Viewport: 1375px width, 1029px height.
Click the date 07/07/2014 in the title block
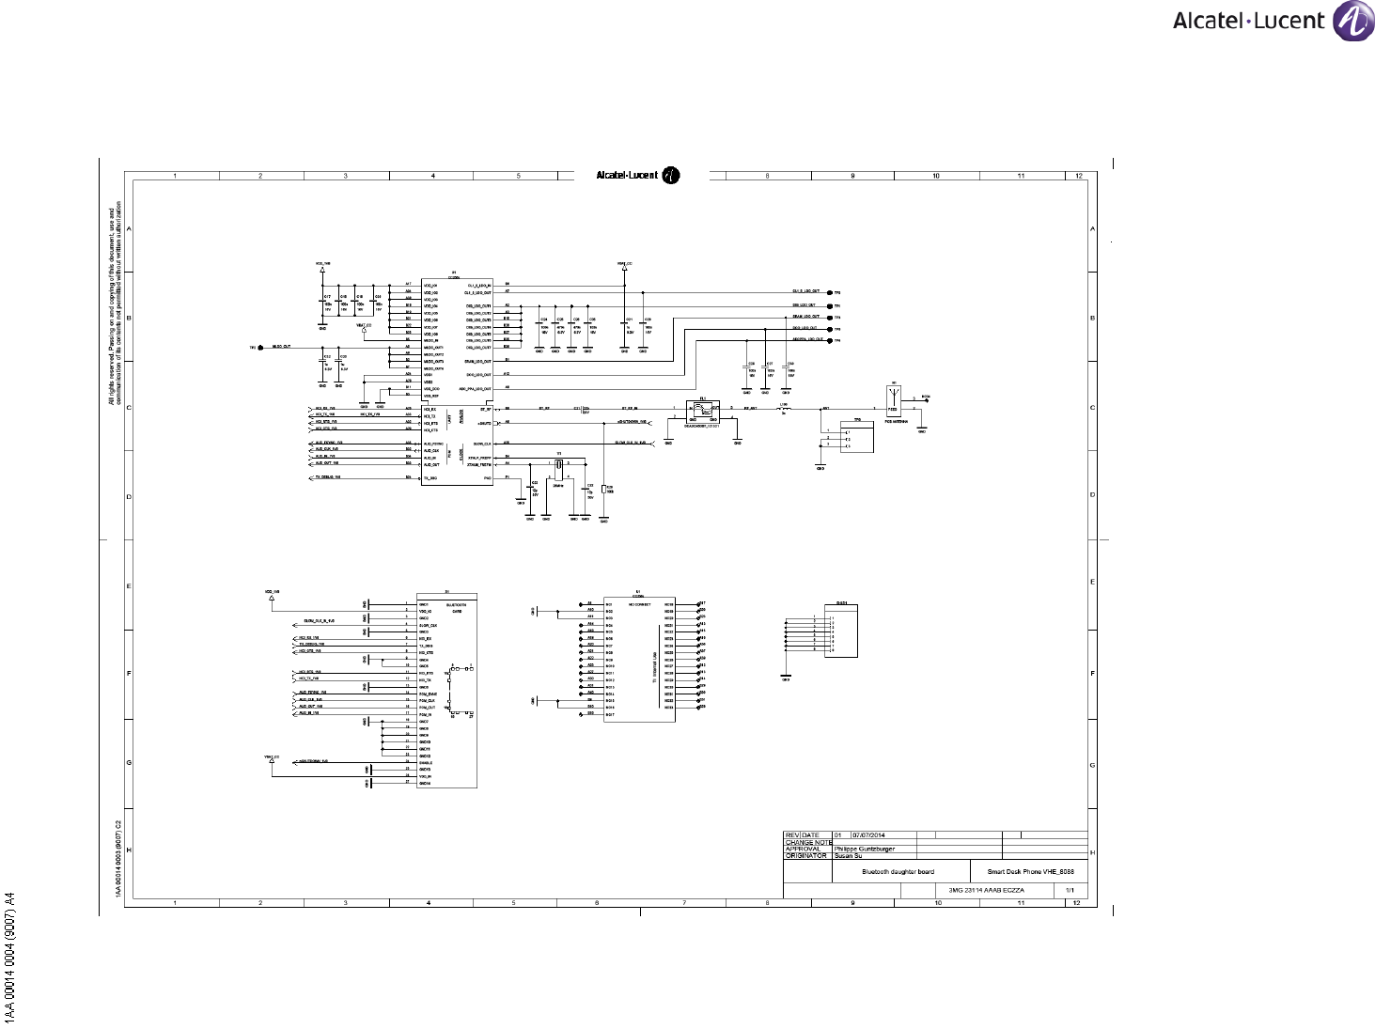coord(868,835)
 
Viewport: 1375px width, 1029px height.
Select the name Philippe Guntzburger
coord(865,849)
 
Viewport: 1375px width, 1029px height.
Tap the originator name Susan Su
coord(850,856)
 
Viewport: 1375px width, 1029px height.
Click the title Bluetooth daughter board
coord(898,872)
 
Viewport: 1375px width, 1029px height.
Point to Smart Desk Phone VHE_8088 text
coord(1030,872)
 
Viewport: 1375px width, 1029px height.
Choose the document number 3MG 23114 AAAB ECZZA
coord(986,890)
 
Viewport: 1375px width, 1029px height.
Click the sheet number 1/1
coord(1070,890)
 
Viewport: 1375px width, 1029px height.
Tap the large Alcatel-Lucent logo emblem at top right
coord(1353,22)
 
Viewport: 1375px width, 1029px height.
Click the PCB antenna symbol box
coord(893,399)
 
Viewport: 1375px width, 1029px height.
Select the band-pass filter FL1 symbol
coord(702,411)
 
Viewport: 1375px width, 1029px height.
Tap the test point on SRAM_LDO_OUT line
coord(829,318)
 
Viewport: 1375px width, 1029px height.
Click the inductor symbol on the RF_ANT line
coord(785,409)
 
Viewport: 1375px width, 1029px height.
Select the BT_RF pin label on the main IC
coord(485,409)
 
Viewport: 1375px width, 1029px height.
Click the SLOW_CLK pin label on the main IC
coord(481,444)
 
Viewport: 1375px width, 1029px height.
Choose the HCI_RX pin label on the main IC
coord(430,409)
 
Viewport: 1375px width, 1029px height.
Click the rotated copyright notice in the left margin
coord(114,305)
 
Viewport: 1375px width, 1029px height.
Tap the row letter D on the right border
coord(1092,494)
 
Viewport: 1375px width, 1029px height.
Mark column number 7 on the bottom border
coord(683,903)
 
